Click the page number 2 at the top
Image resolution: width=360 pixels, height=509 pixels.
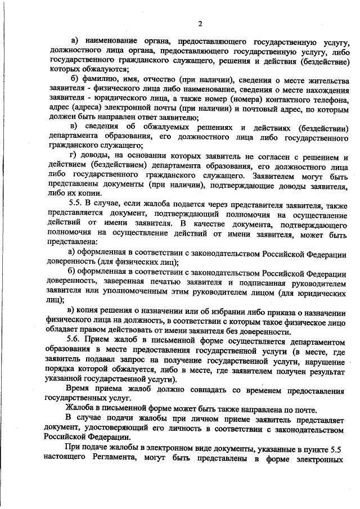200,23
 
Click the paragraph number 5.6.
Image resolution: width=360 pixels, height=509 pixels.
75,343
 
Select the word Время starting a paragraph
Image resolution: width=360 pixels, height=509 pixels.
79,391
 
